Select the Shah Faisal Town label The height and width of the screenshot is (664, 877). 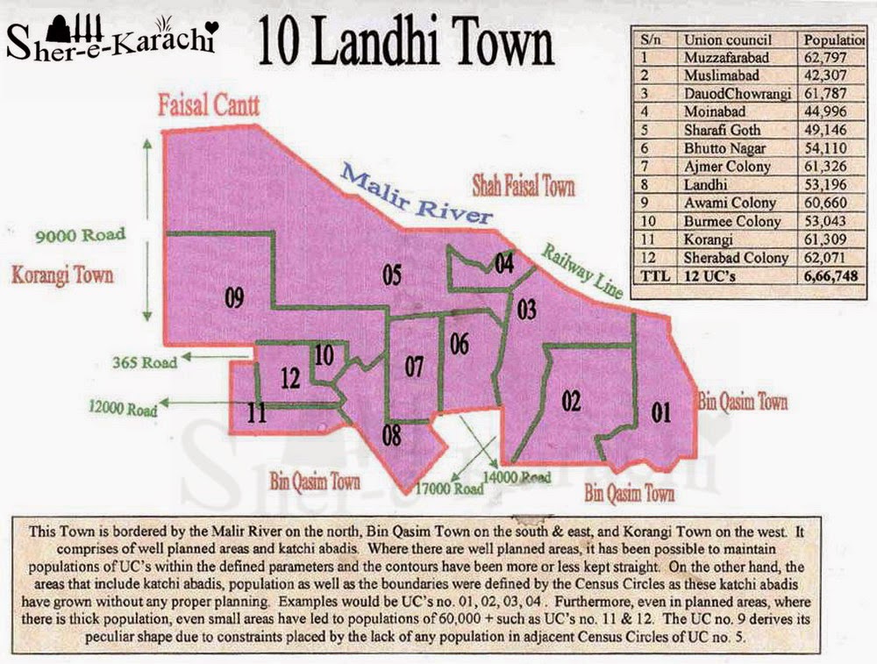point(524,186)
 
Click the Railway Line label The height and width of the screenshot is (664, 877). point(583,269)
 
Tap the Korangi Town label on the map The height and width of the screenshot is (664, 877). point(62,275)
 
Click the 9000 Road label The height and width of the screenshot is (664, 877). point(81,234)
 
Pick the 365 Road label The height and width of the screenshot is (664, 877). point(145,361)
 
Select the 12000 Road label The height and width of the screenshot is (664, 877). point(123,408)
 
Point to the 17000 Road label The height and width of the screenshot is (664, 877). point(449,487)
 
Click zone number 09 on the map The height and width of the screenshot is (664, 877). point(233,299)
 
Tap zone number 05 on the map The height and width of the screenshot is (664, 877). point(392,275)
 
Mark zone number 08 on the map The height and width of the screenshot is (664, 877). point(392,432)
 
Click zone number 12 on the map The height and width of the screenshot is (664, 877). point(291,378)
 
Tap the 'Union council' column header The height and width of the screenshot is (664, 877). point(728,39)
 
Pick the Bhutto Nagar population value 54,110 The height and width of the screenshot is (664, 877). point(824,148)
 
